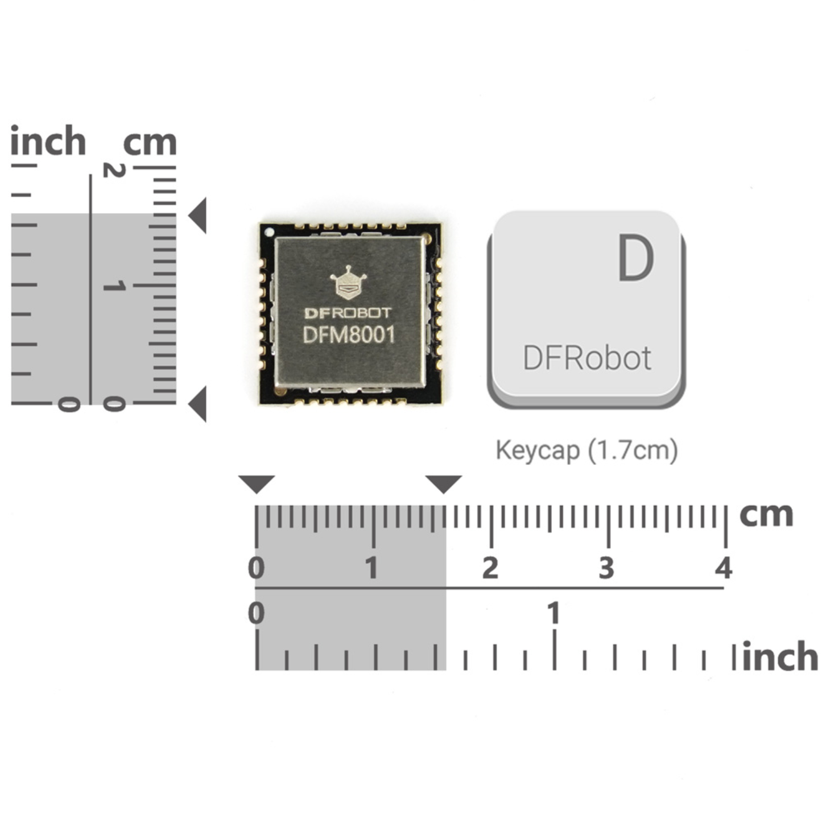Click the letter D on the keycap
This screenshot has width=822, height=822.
636,259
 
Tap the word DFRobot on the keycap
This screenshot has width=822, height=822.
586,358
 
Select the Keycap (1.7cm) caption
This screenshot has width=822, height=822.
586,451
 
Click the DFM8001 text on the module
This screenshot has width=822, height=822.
349,334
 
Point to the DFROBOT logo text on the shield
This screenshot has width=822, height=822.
348,313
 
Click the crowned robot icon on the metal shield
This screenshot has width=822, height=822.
348,283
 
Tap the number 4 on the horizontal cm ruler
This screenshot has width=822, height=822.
724,568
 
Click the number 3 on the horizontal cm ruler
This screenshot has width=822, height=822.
606,568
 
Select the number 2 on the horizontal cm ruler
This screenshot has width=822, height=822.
490,568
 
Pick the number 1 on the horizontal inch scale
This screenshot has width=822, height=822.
553,613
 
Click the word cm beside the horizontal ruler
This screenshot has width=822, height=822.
766,514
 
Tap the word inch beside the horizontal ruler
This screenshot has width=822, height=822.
780,657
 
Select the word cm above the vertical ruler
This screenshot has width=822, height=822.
150,142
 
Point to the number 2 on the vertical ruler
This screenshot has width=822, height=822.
114,170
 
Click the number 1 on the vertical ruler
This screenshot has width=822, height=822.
114,286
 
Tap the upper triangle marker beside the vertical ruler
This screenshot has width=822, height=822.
197,216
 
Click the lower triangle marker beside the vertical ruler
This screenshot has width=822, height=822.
197,404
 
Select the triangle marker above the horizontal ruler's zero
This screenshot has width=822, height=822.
257,484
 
